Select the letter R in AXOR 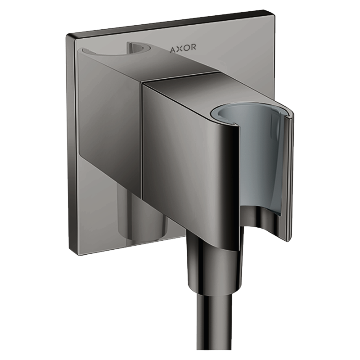[x=193, y=49]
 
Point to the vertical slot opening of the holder [x=288, y=175]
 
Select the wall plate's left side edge [x=69, y=144]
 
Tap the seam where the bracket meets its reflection [x=143, y=135]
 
